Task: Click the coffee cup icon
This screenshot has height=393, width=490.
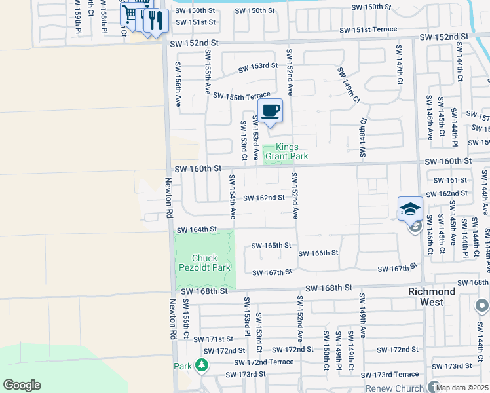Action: click(270, 110)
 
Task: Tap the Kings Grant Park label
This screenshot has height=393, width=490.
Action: click(286, 152)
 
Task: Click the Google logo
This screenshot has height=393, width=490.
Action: click(22, 385)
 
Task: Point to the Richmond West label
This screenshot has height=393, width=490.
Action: click(431, 297)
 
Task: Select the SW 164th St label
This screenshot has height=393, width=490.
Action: click(197, 229)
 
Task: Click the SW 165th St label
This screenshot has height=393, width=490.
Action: click(271, 246)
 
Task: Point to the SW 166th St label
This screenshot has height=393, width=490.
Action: click(318, 253)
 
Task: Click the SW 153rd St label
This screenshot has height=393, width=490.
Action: click(257, 67)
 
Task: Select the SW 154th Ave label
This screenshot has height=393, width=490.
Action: click(233, 196)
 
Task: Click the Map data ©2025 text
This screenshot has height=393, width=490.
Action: click(462, 388)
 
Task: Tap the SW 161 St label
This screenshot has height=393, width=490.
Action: click(449, 179)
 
